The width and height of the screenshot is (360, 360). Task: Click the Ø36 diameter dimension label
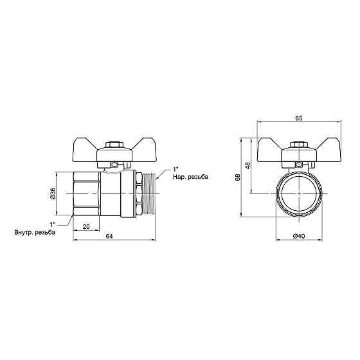click(x=53, y=194)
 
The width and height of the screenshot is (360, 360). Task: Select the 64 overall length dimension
click(x=109, y=237)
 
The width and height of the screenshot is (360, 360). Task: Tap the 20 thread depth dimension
click(x=86, y=226)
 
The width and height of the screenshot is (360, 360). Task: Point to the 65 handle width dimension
click(x=299, y=118)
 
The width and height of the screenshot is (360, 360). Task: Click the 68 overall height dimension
click(x=238, y=177)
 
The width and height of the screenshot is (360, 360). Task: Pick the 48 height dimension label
click(x=248, y=166)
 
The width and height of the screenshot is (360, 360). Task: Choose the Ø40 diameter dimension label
click(x=299, y=236)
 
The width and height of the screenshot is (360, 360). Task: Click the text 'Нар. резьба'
click(x=190, y=177)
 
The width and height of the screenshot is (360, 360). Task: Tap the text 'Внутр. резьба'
click(x=35, y=232)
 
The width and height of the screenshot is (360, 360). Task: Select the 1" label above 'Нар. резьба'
click(x=175, y=170)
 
